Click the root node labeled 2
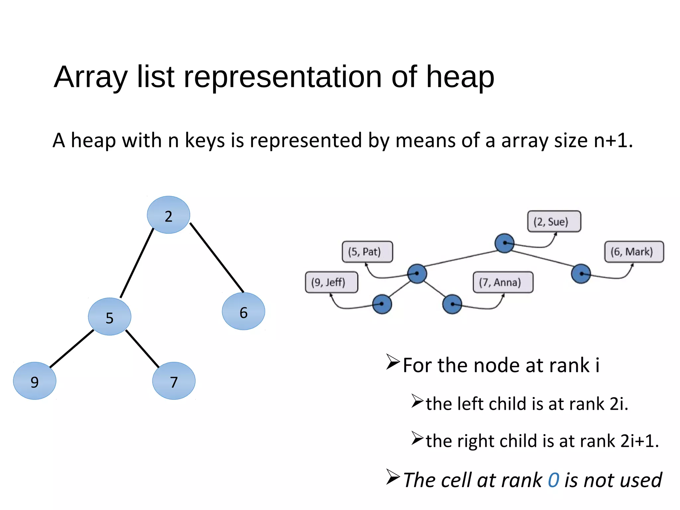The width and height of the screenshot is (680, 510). point(168,215)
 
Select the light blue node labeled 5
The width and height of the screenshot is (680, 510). point(110,316)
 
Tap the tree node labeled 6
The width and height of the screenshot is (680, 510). point(243,311)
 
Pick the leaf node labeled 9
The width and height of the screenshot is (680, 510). point(35,381)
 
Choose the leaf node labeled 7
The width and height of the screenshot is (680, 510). point(174,381)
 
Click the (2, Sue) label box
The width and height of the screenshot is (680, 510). point(554,221)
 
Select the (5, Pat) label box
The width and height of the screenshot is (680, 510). point(367,252)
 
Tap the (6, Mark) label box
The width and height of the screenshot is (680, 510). point(634,252)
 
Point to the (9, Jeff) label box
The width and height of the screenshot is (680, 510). point(331,282)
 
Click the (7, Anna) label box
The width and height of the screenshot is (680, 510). point(503,282)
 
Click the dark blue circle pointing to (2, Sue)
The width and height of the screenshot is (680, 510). point(504,243)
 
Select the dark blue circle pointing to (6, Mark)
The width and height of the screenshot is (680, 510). point(581,274)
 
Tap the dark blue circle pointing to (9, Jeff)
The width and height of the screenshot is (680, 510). point(382,304)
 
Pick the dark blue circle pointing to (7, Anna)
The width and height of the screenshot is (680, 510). point(452,304)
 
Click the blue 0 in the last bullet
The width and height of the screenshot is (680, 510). point(553,480)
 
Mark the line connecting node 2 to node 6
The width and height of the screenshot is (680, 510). point(217,258)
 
